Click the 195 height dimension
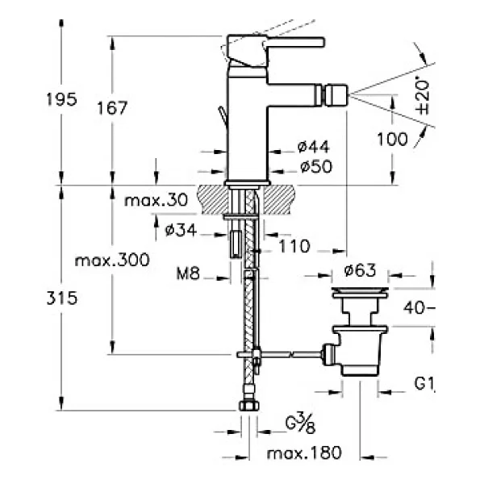[61, 99]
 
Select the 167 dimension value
[112, 108]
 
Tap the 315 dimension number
[62, 298]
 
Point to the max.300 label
[112, 260]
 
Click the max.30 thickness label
[156, 200]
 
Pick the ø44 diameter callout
[314, 147]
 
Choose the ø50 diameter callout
[316, 167]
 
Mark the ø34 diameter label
[181, 230]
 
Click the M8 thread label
[188, 273]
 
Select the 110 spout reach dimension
[294, 246]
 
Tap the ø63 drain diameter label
[360, 271]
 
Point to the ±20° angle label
[422, 97]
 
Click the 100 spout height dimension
[392, 140]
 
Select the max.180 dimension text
[304, 453]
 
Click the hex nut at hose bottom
[249, 405]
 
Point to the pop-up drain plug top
[360, 290]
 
